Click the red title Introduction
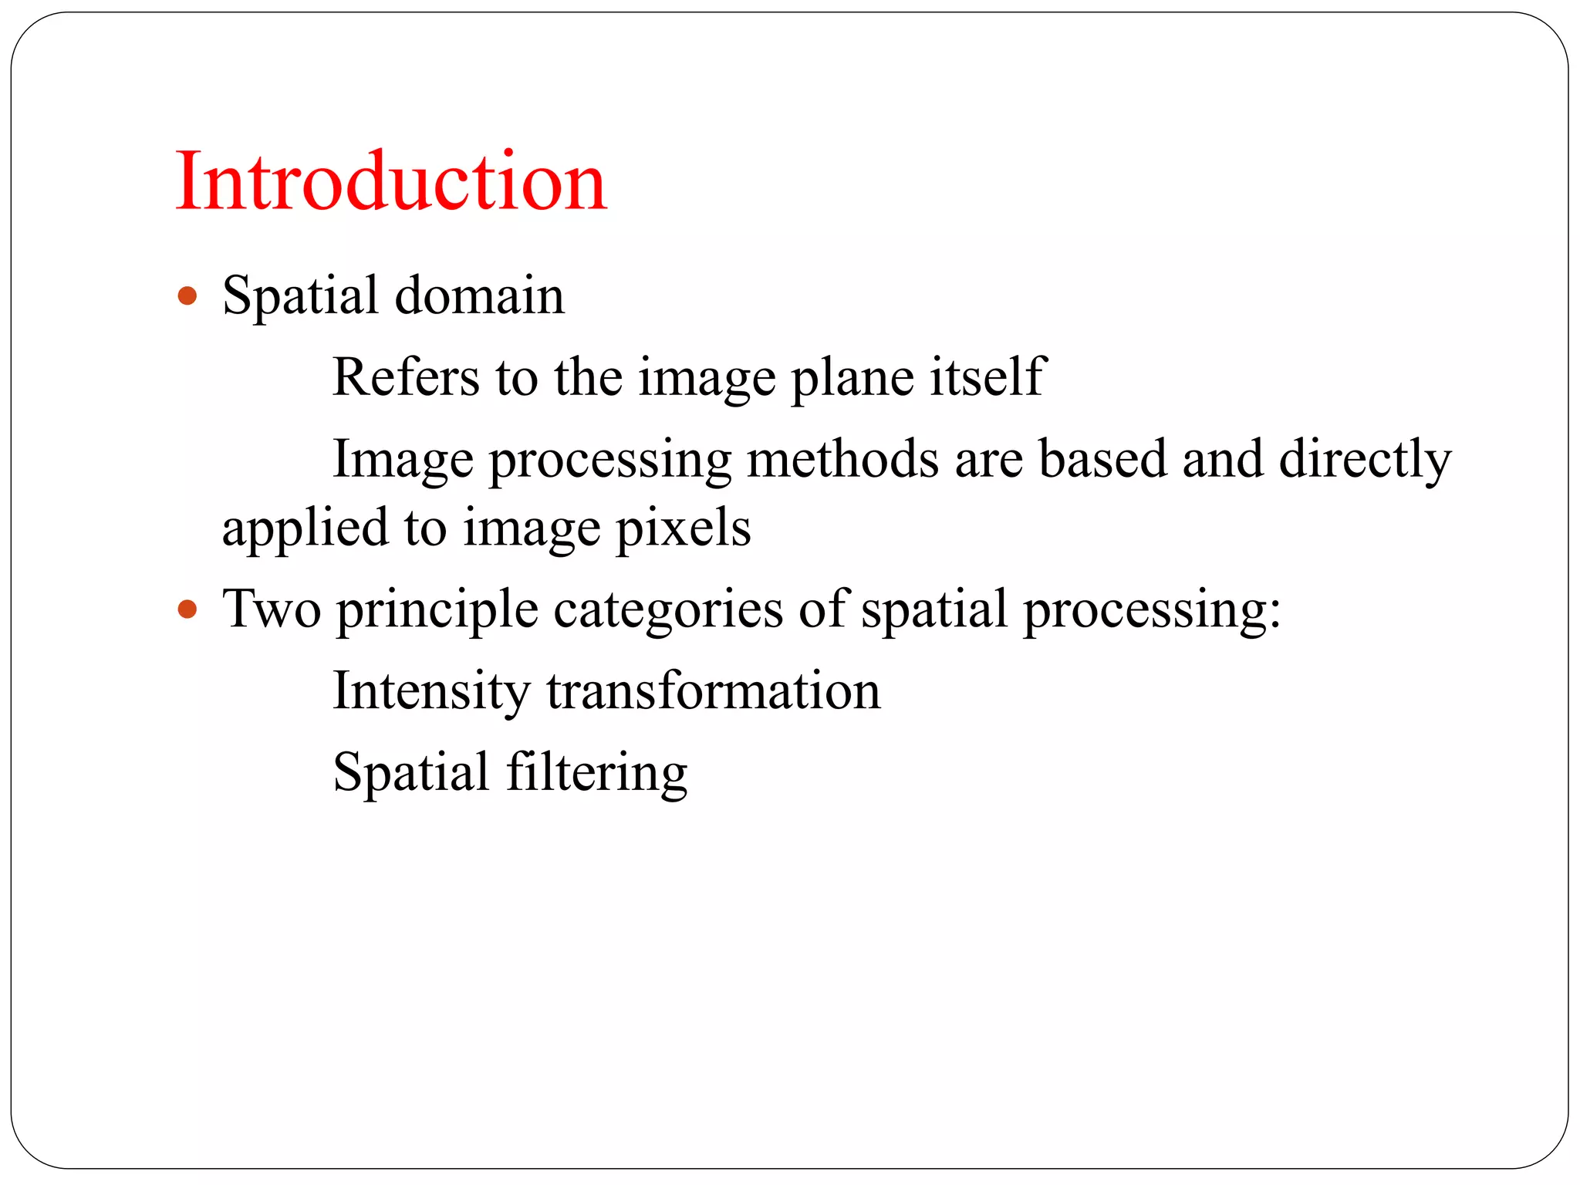[391, 182]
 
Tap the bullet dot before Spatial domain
[187, 296]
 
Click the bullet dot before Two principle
[187, 610]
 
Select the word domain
[479, 295]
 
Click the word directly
[1365, 461]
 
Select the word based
[1102, 459]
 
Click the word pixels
[683, 529]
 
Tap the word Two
[272, 609]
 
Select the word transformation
[714, 691]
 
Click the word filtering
[596, 773]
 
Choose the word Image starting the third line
[403, 461]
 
